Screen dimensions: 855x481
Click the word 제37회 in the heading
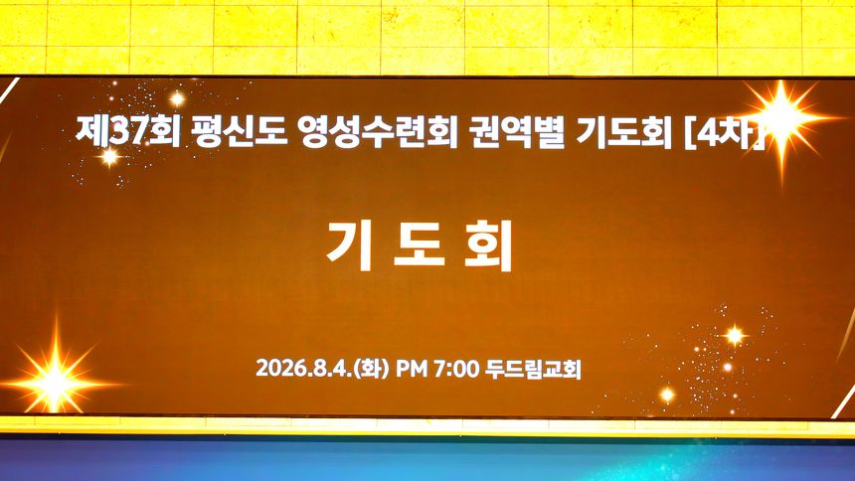pos(128,131)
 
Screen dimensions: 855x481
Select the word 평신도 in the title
pos(240,131)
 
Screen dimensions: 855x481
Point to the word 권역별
pos(516,132)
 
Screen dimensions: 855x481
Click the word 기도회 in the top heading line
pos(623,132)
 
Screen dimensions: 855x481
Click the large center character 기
pos(350,245)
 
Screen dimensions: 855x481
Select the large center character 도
pos(420,245)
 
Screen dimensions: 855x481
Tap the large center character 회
pos(489,245)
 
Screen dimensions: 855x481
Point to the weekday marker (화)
pos(372,369)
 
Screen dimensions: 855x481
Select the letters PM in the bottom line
pos(412,368)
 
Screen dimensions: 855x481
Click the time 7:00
pos(456,368)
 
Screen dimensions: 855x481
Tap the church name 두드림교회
pos(533,369)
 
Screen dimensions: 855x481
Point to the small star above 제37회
pos(177,98)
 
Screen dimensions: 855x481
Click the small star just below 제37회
pos(109,157)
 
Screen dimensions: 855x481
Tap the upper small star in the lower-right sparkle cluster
pos(735,335)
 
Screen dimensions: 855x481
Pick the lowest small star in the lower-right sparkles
pos(667,395)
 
